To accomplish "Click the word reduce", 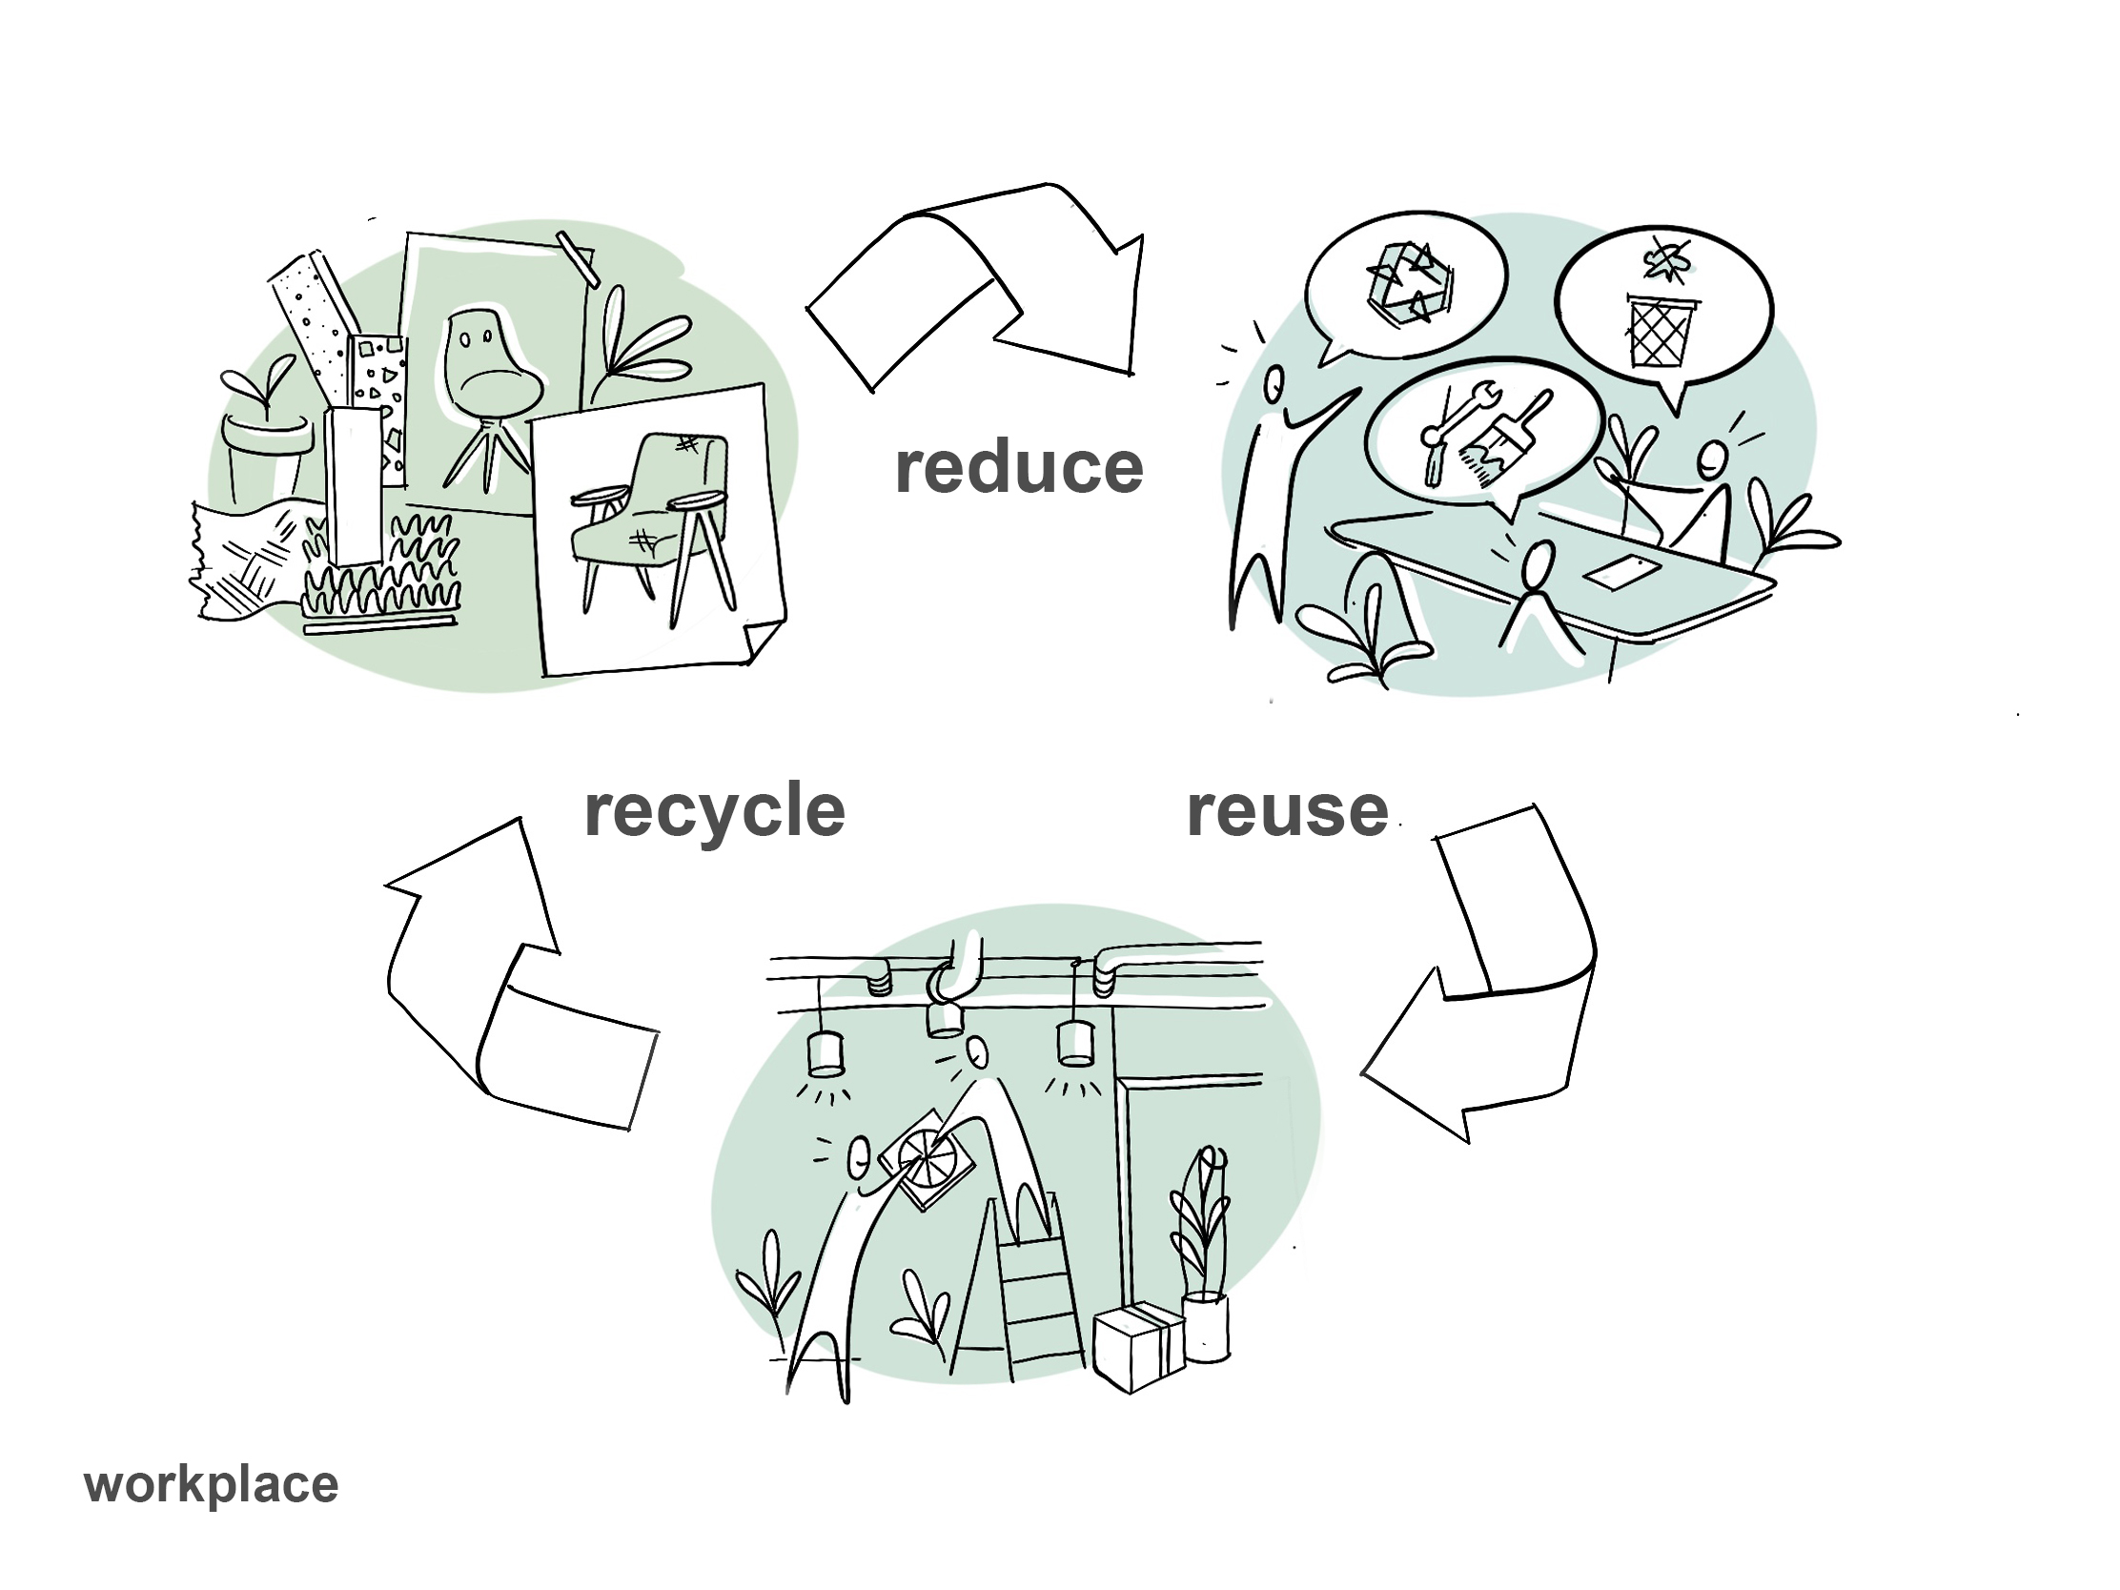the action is pos(1019,469).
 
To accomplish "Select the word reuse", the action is pos(1287,813).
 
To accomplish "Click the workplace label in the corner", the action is pos(211,1484).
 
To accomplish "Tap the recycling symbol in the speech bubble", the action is pos(1407,280).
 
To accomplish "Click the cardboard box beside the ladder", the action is pos(1138,1346).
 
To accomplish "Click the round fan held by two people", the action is pos(927,1157).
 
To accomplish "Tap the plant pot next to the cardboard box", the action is pos(1206,1327).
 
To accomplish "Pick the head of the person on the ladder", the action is pos(978,1053).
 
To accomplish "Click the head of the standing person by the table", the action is pos(1274,386).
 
